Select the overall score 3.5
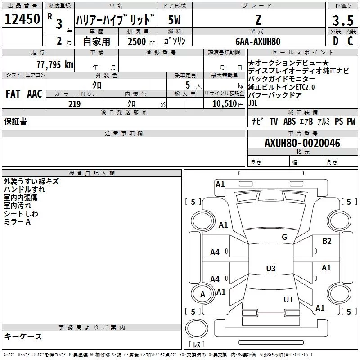coord(342,21)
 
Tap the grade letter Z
coord(258,20)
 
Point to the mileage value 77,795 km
coord(54,65)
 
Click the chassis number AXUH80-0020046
coord(302,144)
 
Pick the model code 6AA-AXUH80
coord(258,41)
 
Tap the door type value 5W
coord(175,20)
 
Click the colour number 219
coord(74,104)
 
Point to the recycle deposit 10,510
coord(225,104)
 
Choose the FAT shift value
coord(13,94)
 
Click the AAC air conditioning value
coord(35,94)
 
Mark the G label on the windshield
coord(284,237)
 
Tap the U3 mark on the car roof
coord(270,269)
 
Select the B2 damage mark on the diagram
coord(327,241)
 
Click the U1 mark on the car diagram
coord(288,299)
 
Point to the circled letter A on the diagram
coord(202,294)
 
